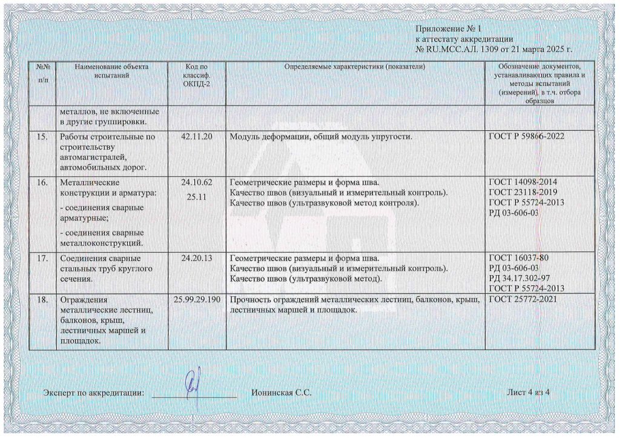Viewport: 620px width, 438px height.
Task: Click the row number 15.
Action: pyautogui.click(x=42, y=137)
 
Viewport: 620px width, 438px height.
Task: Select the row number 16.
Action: pyautogui.click(x=42, y=182)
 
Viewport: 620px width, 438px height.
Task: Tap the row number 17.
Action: pyautogui.click(x=42, y=259)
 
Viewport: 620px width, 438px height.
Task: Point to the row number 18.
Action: pyautogui.click(x=42, y=299)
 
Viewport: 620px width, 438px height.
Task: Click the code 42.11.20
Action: pyautogui.click(x=196, y=137)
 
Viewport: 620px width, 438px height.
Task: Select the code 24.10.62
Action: pyautogui.click(x=196, y=182)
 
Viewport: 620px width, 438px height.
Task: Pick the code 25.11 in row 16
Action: pyautogui.click(x=196, y=197)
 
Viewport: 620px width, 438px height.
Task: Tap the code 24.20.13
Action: pyautogui.click(x=196, y=259)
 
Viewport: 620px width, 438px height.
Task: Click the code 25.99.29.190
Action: pyautogui.click(x=196, y=299)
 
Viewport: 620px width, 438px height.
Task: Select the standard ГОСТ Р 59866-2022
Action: pyautogui.click(x=526, y=137)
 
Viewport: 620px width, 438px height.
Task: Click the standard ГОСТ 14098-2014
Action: pyautogui.click(x=523, y=182)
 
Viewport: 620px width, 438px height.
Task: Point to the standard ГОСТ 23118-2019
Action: pyautogui.click(x=523, y=192)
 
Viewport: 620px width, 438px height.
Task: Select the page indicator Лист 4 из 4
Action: pyautogui.click(x=528, y=393)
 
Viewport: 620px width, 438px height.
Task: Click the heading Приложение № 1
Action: pyautogui.click(x=447, y=29)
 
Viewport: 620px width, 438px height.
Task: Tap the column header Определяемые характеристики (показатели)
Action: pyautogui.click(x=354, y=66)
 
